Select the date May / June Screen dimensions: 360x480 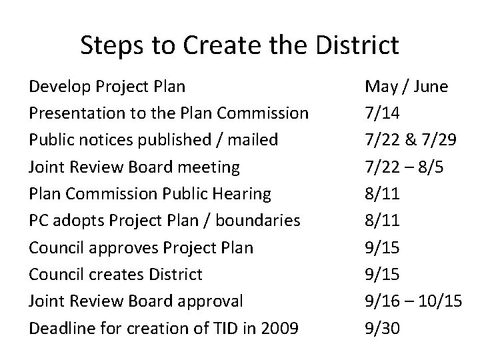pos(406,87)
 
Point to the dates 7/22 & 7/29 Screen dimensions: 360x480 pos(411,140)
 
